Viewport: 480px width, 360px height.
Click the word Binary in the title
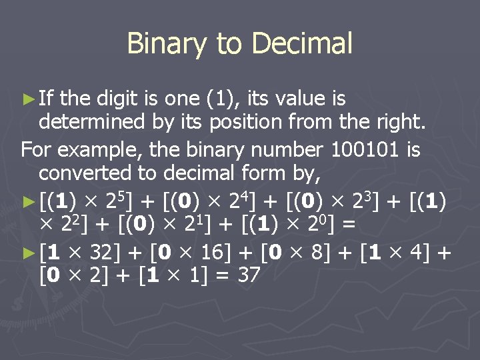click(x=167, y=44)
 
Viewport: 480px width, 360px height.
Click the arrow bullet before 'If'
click(x=27, y=99)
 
